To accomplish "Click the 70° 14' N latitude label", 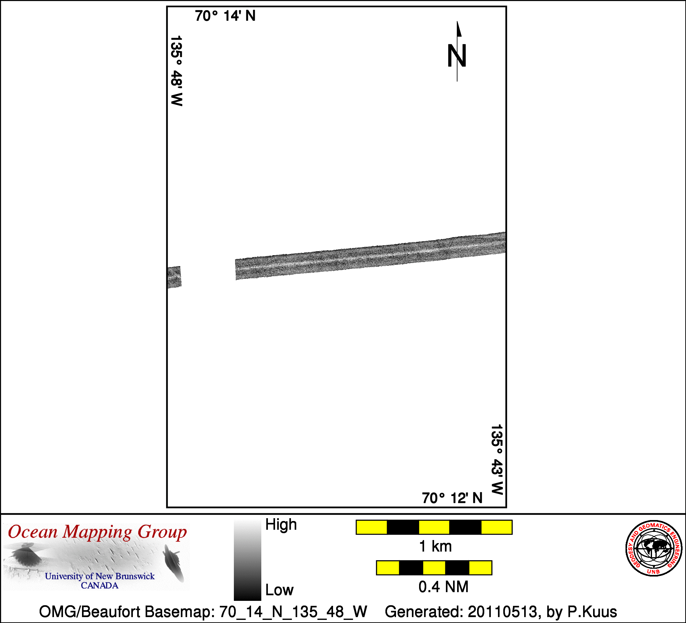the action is [x=225, y=16].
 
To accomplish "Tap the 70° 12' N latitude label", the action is [x=452, y=498].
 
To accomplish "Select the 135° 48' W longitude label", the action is [x=176, y=71].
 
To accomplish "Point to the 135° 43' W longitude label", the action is [x=497, y=459].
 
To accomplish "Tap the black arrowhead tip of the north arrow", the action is [x=457, y=22].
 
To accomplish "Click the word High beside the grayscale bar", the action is [x=281, y=525].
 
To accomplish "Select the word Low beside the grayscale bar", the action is [x=279, y=590].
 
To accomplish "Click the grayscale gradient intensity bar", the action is [x=247, y=560].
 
